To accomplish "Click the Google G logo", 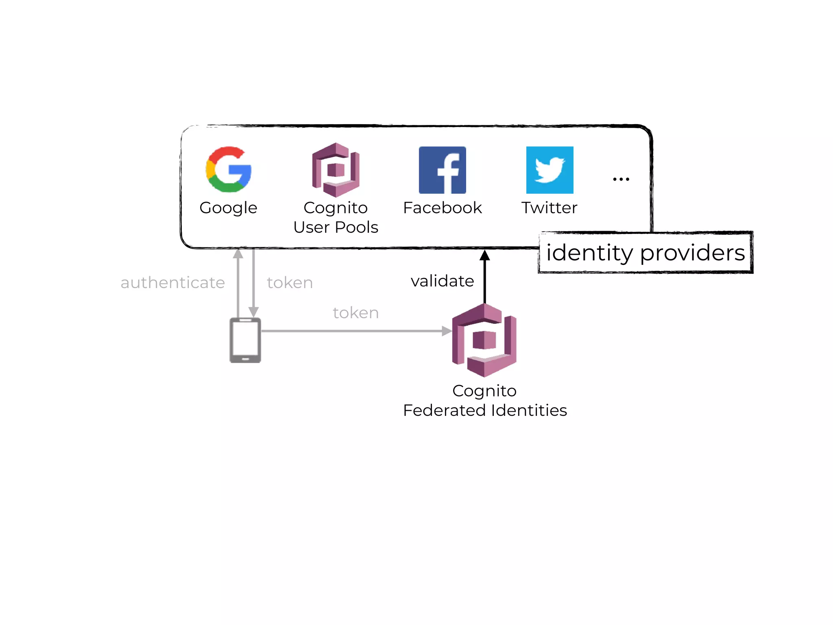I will (x=229, y=170).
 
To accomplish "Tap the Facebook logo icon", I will (x=442, y=170).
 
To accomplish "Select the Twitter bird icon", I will (x=550, y=170).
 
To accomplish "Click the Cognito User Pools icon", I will (x=336, y=170).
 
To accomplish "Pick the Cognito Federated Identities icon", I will (x=484, y=340).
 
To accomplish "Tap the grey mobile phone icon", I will (x=245, y=340).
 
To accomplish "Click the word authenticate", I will (x=172, y=282).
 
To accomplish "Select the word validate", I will (x=442, y=281).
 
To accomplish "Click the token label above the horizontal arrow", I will (x=355, y=312).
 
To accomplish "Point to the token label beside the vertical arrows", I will (x=290, y=282).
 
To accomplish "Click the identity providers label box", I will (x=645, y=252).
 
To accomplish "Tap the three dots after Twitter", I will (x=621, y=179).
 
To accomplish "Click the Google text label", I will (x=228, y=208).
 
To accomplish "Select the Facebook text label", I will (x=442, y=208).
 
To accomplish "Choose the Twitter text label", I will (x=549, y=208).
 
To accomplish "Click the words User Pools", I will (x=336, y=227).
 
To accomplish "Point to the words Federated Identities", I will (x=485, y=410).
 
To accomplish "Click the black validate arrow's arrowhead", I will (x=484, y=255).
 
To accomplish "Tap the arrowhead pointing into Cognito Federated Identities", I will (x=447, y=331).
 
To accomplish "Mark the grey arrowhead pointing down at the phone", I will (x=253, y=312).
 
